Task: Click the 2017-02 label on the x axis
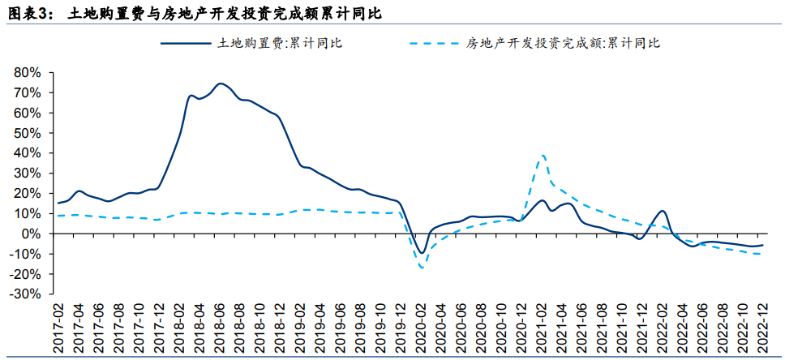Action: pyautogui.click(x=58, y=328)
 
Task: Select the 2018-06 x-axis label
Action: pyautogui.click(x=220, y=328)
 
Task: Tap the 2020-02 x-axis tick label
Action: pyautogui.click(x=422, y=328)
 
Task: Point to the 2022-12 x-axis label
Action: pyautogui.click(x=764, y=328)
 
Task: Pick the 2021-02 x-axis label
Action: pyautogui.click(x=543, y=328)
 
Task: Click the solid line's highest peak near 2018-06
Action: pyautogui.click(x=221, y=83)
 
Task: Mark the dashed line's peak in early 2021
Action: pyautogui.click(x=543, y=155)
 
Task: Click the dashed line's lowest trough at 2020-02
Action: pyautogui.click(x=422, y=268)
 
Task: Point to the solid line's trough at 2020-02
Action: pyautogui.click(x=422, y=252)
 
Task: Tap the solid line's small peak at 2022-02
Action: pyautogui.click(x=663, y=211)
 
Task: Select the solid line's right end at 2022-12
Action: pyautogui.click(x=763, y=244)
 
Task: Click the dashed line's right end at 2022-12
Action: pyautogui.click(x=763, y=255)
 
